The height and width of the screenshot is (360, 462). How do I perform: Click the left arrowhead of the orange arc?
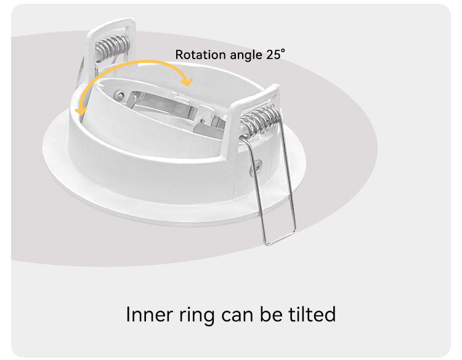(79, 110)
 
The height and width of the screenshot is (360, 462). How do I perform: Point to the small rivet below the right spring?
(257, 165)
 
